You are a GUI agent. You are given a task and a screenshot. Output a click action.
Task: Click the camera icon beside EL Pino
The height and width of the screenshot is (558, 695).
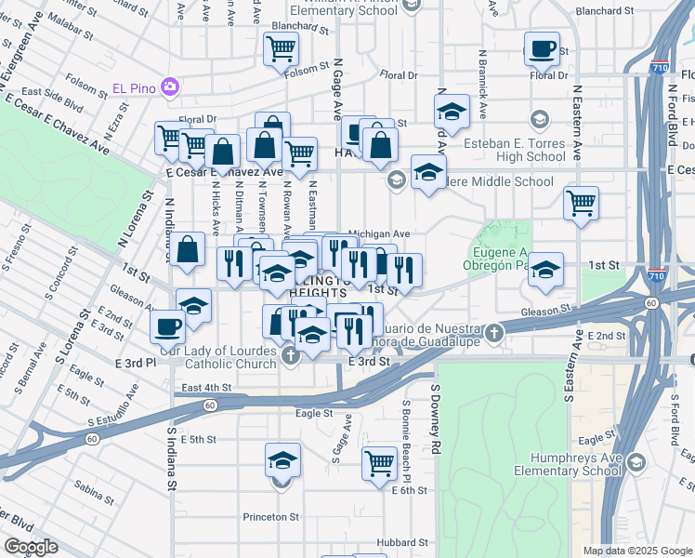tap(169, 87)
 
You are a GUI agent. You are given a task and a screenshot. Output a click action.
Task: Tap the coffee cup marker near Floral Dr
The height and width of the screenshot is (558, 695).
tap(542, 49)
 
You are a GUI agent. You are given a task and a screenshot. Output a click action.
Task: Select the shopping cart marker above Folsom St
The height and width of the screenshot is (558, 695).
tap(281, 48)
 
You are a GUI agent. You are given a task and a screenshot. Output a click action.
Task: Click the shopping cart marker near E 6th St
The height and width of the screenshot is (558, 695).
tap(379, 462)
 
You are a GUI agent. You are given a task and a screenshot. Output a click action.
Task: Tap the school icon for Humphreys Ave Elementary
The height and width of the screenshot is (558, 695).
tap(636, 462)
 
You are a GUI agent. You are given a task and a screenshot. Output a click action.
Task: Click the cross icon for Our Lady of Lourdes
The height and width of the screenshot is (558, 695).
tap(290, 354)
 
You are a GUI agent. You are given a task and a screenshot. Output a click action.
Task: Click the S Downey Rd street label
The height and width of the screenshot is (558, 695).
tap(433, 424)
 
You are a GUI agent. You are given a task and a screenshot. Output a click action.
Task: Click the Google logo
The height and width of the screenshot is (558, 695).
tap(31, 547)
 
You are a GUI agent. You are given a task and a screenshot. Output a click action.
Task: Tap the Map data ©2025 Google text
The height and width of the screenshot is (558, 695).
tap(636, 551)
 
